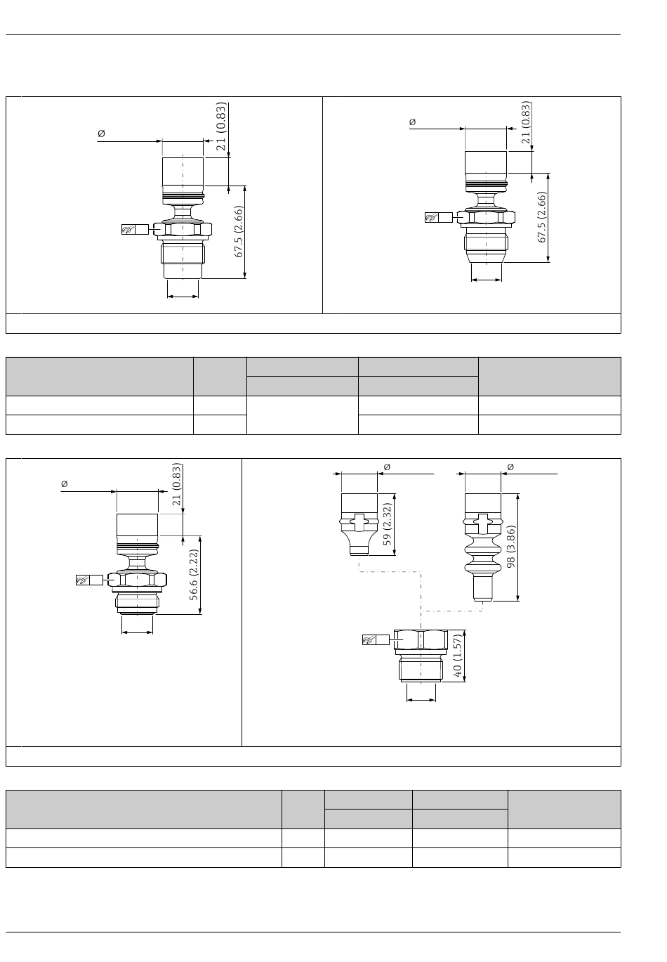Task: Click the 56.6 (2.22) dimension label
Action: click(x=194, y=575)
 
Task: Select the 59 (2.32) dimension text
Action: click(x=387, y=524)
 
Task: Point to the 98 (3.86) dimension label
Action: click(x=510, y=547)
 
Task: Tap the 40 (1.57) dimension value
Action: click(x=458, y=656)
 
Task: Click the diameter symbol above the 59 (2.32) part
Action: click(x=387, y=467)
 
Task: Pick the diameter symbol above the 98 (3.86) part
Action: click(x=510, y=467)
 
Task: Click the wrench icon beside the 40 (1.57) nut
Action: click(x=369, y=640)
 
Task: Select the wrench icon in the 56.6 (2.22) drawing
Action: click(x=82, y=580)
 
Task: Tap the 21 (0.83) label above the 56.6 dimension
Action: click(x=177, y=484)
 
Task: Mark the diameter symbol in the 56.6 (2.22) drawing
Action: click(x=65, y=484)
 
